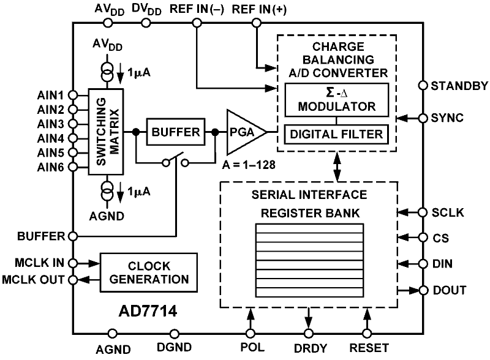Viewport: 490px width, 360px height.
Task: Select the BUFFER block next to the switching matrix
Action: click(176, 132)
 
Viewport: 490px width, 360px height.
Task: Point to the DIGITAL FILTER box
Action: click(336, 133)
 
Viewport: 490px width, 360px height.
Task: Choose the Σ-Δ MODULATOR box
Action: click(336, 99)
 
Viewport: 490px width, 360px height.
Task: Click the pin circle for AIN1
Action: click(73, 96)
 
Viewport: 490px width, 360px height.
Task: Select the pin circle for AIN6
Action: click(73, 166)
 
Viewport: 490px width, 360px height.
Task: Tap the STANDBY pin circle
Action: click(423, 85)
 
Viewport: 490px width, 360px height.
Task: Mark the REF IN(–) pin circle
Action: click(197, 23)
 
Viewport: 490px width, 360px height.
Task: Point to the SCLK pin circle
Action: click(423, 212)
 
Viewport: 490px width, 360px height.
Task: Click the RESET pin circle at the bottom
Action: click(367, 334)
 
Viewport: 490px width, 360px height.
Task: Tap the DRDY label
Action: click(309, 348)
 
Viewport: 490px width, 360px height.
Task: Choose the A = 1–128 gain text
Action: click(243, 165)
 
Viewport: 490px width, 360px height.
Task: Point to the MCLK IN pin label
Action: click(39, 264)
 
